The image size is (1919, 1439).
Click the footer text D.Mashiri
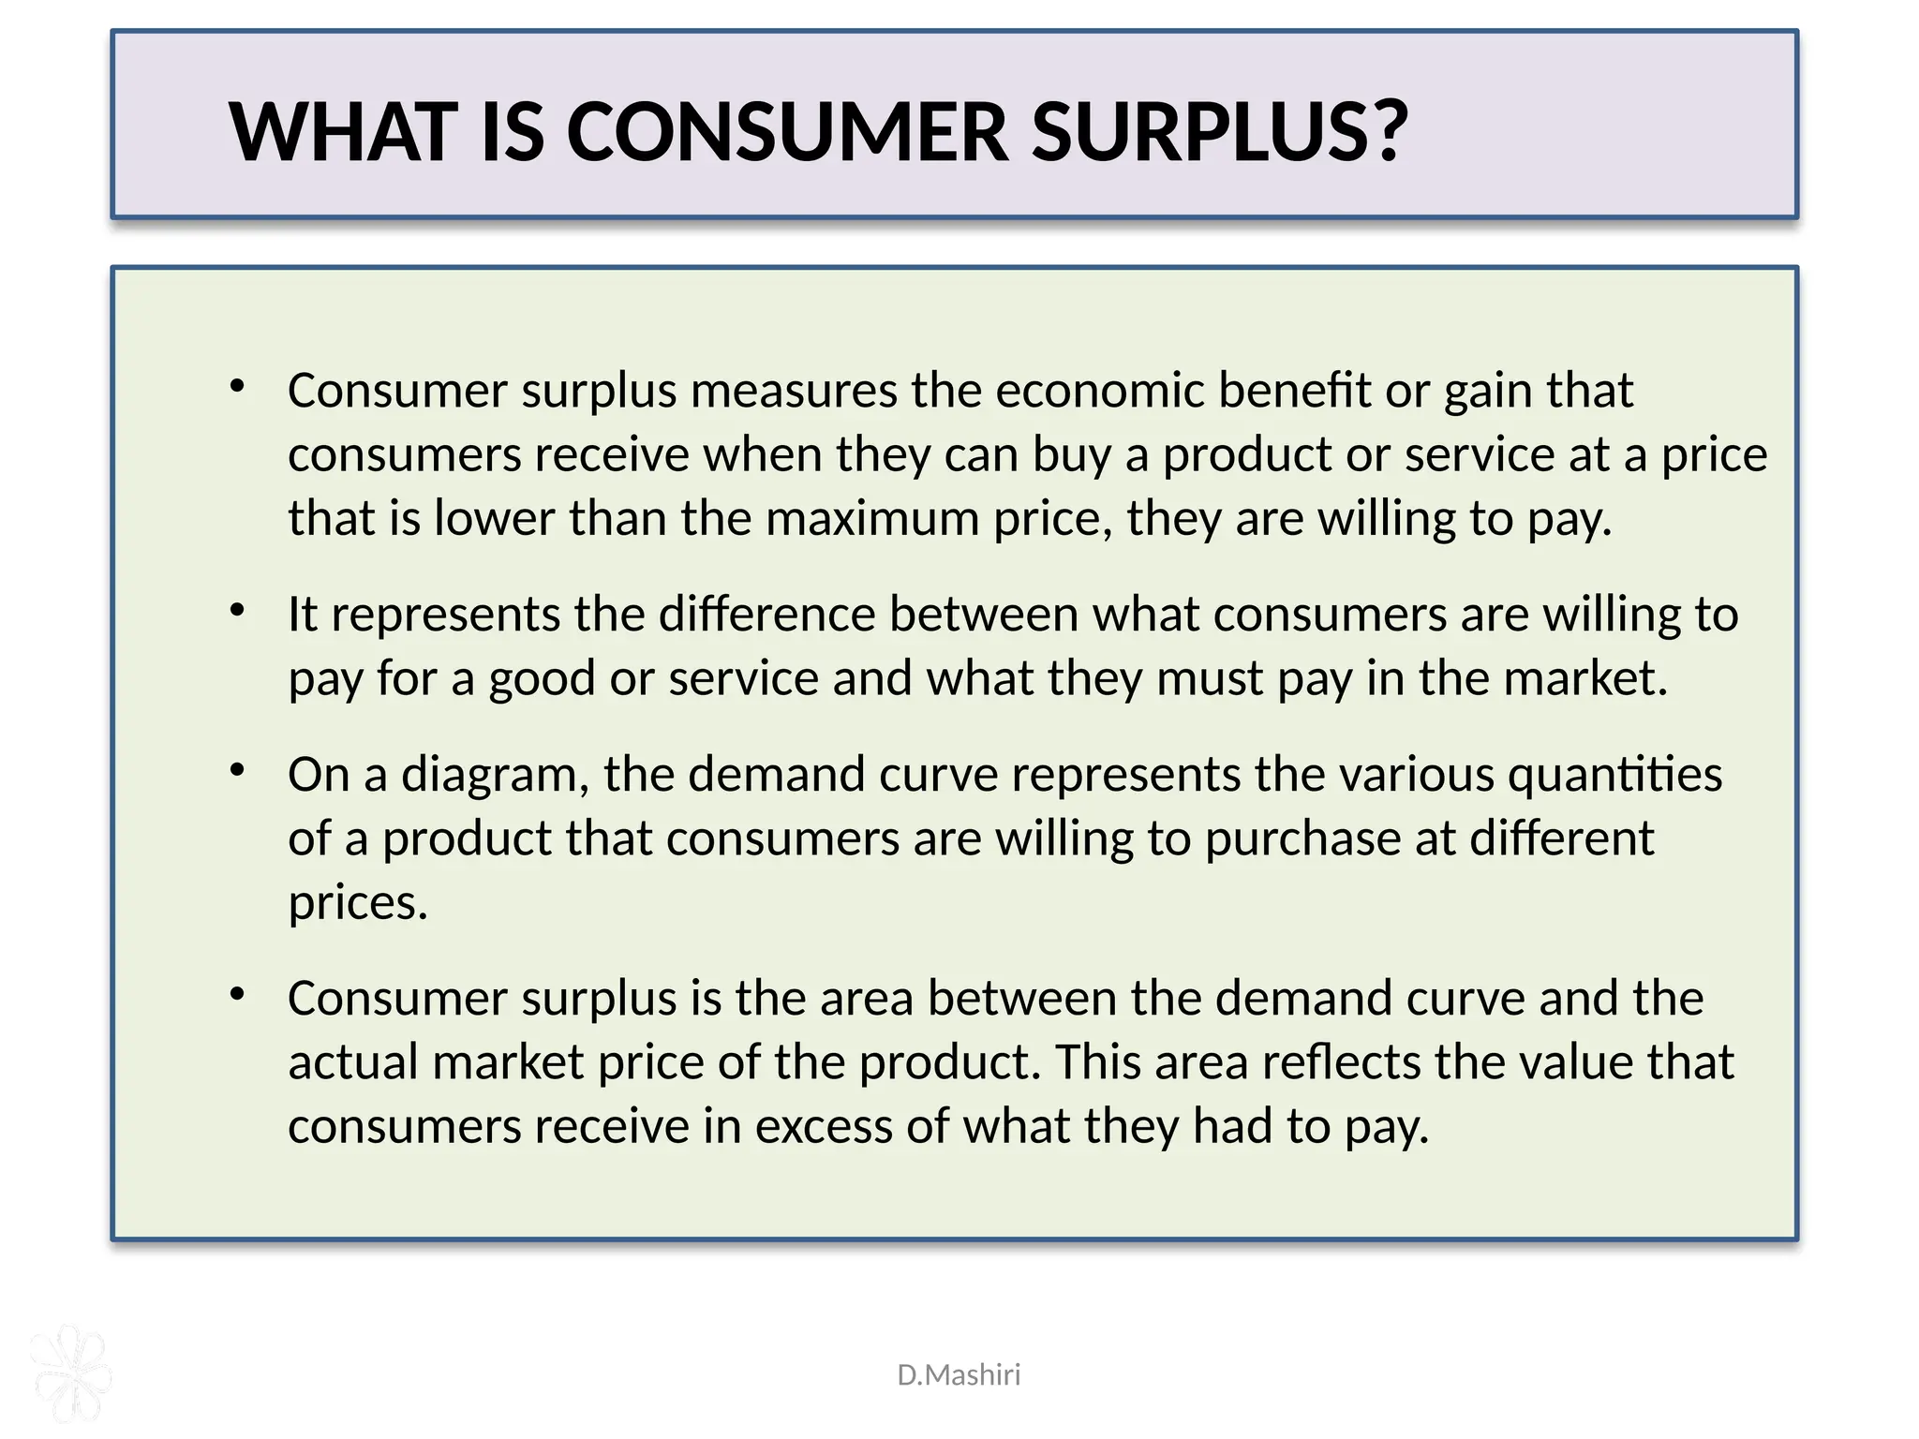point(959,1374)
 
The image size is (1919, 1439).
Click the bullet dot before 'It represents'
point(237,611)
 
